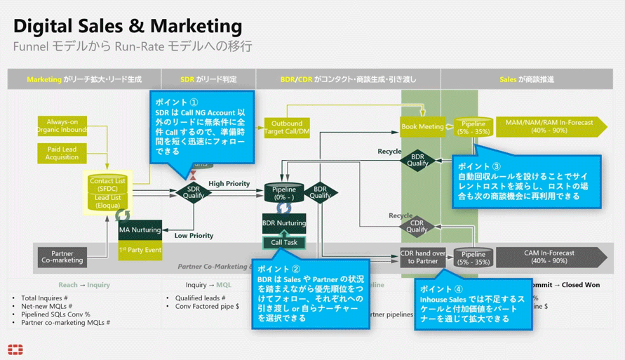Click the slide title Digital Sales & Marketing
tap(128, 27)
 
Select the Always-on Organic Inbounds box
tap(62, 126)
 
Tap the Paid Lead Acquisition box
tap(62, 153)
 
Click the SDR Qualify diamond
tap(194, 192)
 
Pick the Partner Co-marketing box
tap(62, 257)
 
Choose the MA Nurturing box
tap(140, 229)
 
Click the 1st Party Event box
tap(140, 250)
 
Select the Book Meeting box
tap(422, 127)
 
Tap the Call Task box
tap(284, 242)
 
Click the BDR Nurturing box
tap(284, 223)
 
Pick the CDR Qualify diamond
tap(417, 226)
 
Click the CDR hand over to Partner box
tap(422, 257)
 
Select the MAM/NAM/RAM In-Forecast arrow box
tap(549, 126)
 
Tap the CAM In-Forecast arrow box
tap(549, 257)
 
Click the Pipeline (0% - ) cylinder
tap(284, 193)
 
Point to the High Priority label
tap(229, 184)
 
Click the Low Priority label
tap(194, 236)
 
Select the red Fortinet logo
tap(15, 349)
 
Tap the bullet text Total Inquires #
tap(44, 298)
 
